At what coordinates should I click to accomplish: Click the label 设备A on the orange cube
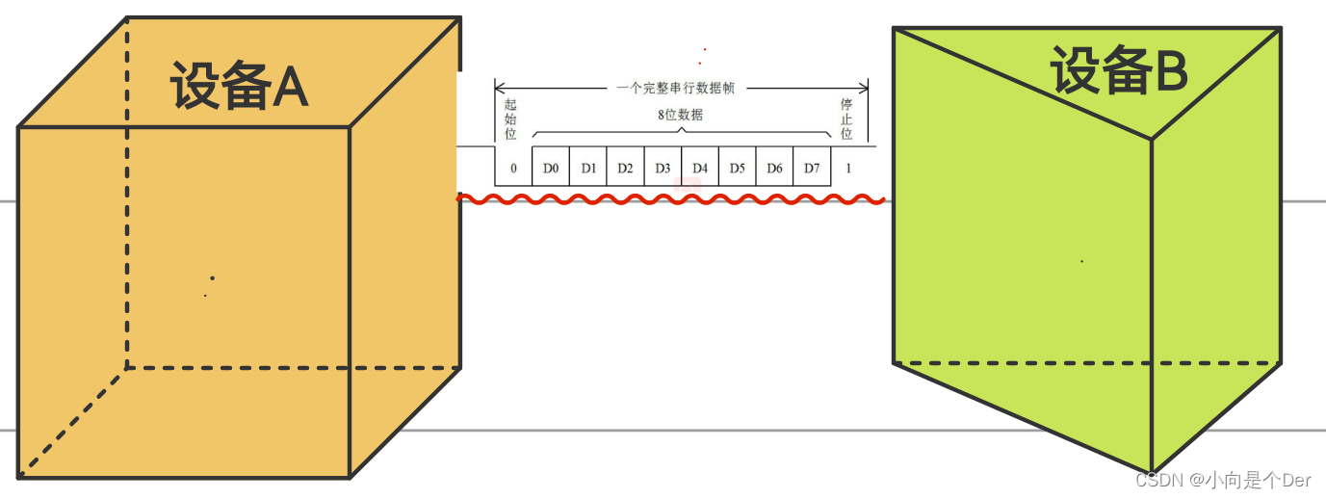(x=239, y=87)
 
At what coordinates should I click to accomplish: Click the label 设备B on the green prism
(x=1118, y=72)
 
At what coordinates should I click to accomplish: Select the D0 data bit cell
(x=551, y=168)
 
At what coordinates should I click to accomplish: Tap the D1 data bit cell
(x=588, y=168)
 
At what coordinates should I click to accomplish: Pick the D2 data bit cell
(x=625, y=168)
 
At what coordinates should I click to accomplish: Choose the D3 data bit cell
(x=663, y=168)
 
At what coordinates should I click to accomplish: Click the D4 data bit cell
(x=700, y=168)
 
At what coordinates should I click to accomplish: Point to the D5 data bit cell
(x=737, y=168)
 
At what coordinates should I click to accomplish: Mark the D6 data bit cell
(x=774, y=168)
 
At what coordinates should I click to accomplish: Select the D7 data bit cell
(x=812, y=168)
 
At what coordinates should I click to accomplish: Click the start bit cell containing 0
(x=513, y=169)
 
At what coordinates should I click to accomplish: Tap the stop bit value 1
(x=848, y=169)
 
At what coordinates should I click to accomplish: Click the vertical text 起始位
(x=510, y=118)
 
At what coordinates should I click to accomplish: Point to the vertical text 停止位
(x=846, y=118)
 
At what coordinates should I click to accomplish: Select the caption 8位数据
(x=680, y=115)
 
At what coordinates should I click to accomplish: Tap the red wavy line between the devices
(x=671, y=199)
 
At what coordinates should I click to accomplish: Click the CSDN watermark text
(x=1223, y=480)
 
